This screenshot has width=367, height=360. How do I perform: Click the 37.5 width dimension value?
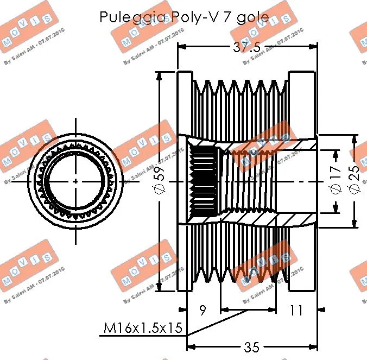click(247, 47)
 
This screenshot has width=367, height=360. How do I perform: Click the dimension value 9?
click(202, 311)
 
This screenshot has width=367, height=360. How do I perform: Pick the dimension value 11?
click(296, 311)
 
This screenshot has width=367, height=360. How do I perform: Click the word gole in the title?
click(251, 17)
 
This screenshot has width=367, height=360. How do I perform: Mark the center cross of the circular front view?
click(75, 181)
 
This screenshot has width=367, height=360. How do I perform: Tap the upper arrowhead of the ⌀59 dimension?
click(160, 76)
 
